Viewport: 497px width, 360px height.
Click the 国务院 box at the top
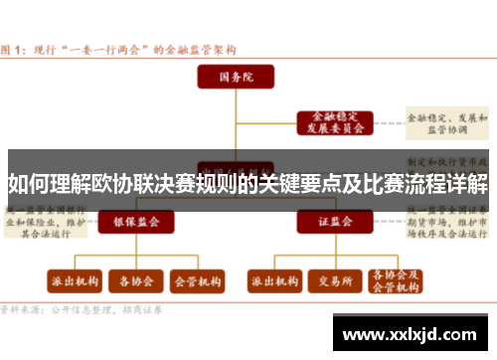(236, 75)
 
